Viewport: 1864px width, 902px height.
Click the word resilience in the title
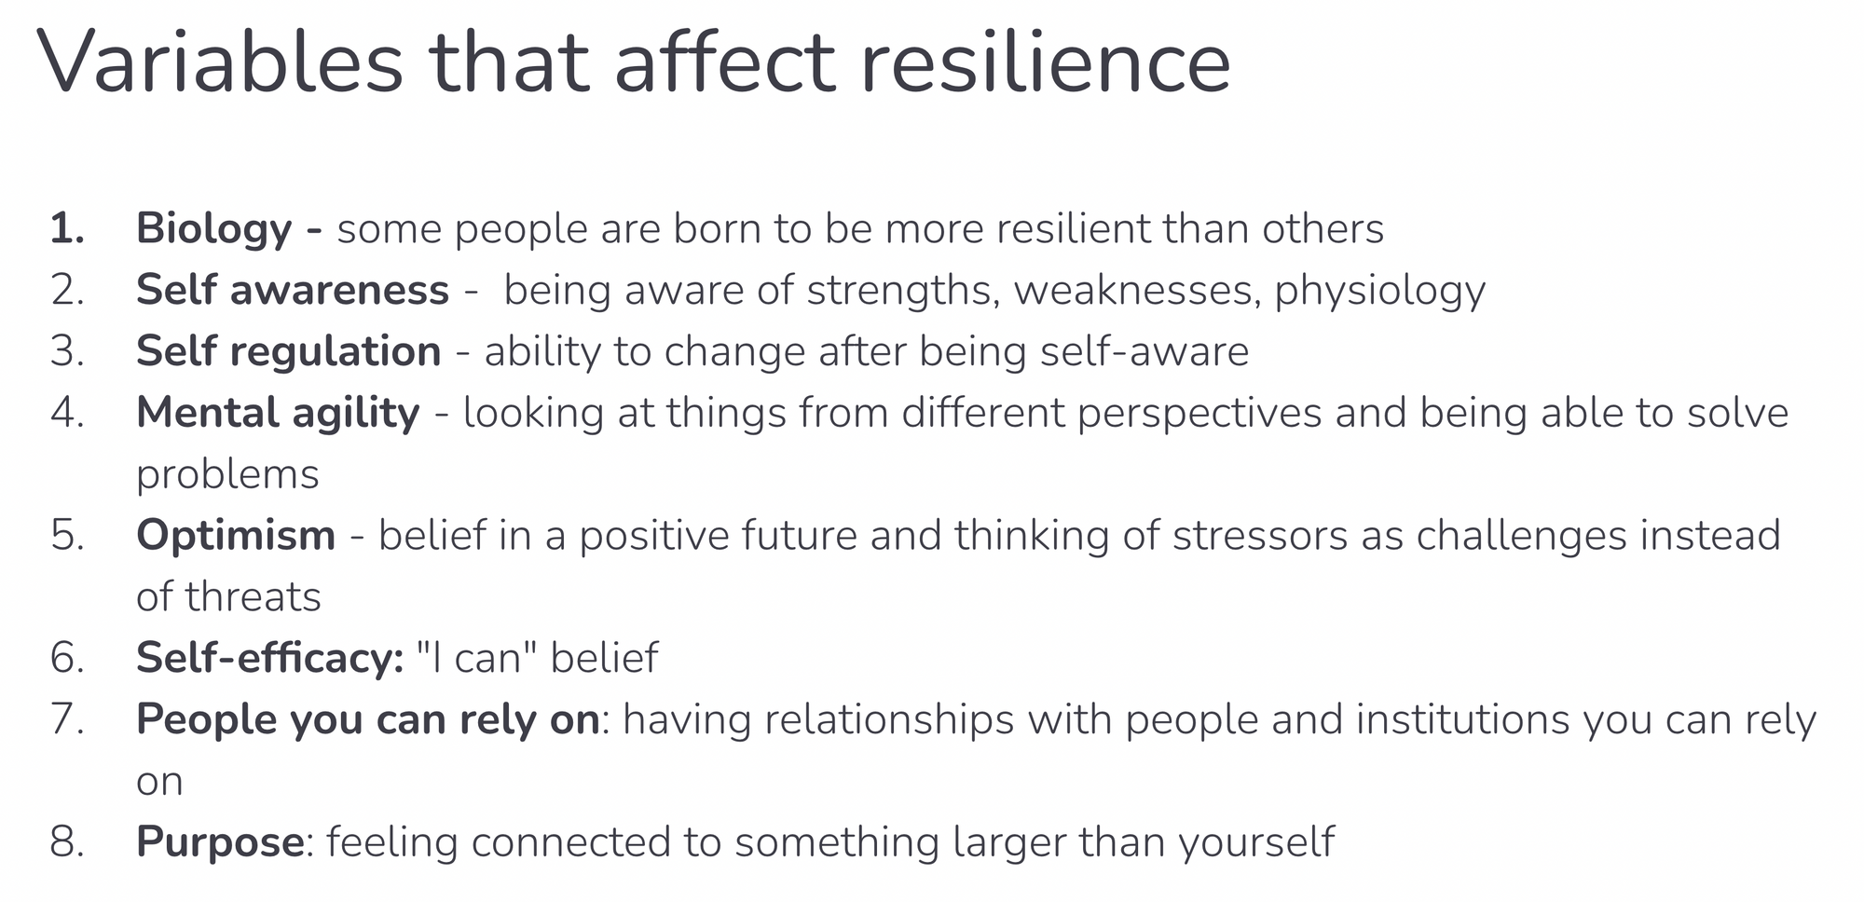[x=1046, y=61]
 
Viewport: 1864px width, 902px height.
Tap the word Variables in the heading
[x=220, y=61]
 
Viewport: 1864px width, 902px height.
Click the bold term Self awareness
[x=293, y=290]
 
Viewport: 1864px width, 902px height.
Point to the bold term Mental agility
[x=278, y=414]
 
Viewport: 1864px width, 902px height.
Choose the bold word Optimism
[x=236, y=536]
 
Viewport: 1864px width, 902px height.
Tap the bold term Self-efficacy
[x=270, y=658]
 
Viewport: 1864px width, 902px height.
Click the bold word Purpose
[x=220, y=842]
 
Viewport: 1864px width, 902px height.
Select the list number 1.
[x=67, y=229]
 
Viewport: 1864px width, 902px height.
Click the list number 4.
[x=67, y=413]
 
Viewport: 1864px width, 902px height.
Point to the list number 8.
[x=67, y=841]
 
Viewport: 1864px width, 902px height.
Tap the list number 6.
[x=67, y=658]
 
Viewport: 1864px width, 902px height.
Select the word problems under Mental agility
[x=227, y=475]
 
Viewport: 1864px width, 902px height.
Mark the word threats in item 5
[x=254, y=597]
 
